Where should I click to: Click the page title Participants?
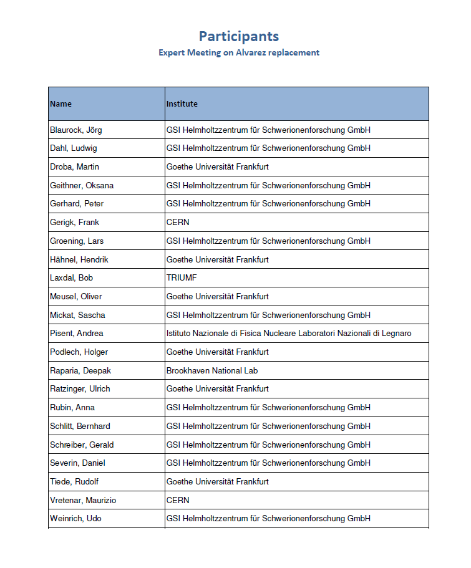[239, 36]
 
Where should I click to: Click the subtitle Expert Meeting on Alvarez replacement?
[239, 53]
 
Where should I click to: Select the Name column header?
[61, 104]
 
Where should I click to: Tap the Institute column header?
[182, 104]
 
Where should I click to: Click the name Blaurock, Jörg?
[76, 130]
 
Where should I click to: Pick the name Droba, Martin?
[74, 167]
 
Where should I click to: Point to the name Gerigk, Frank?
[74, 223]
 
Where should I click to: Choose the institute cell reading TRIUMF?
[182, 278]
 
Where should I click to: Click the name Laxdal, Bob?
[72, 278]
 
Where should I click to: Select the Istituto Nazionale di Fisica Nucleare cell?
[289, 334]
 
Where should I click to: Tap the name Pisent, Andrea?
[77, 334]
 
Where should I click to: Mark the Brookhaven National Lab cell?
[212, 370]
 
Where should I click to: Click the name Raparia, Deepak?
[80, 370]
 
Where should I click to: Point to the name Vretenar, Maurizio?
[83, 500]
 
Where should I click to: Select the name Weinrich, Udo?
[75, 519]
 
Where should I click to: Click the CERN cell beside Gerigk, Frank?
[178, 223]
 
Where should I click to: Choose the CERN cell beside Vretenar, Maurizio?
[178, 500]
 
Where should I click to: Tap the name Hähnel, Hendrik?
[79, 259]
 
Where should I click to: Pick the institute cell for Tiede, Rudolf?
[218, 481]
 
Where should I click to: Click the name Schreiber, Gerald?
[82, 445]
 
